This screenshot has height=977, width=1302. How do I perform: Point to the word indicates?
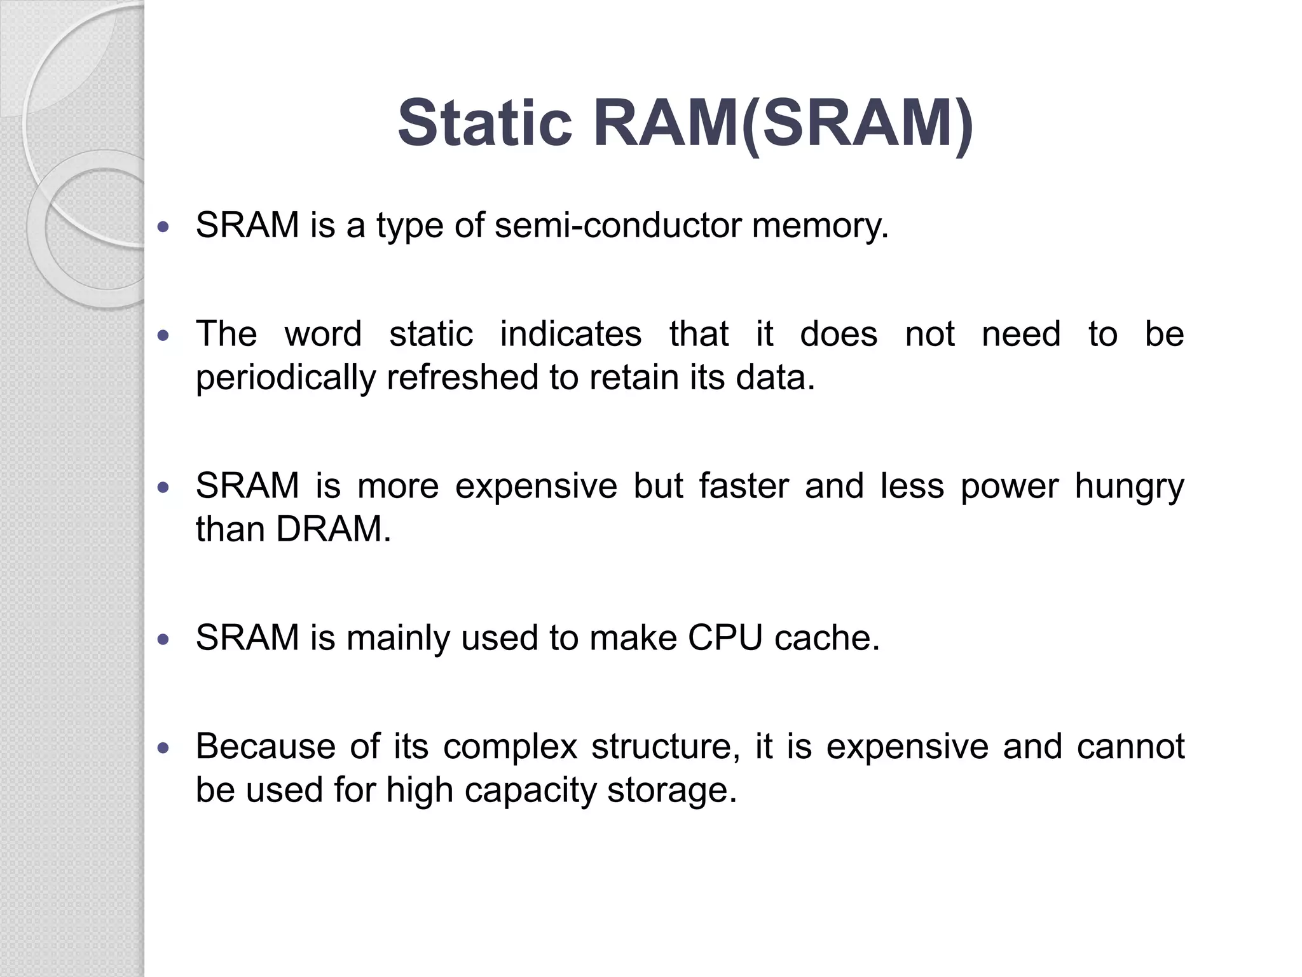570,334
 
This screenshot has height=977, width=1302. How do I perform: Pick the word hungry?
1129,487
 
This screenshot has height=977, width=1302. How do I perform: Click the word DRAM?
333,529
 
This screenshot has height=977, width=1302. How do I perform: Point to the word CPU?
724,637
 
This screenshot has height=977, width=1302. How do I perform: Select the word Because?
265,746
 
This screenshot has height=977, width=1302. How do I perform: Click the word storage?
671,791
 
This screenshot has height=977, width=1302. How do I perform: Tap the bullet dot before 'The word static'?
164,335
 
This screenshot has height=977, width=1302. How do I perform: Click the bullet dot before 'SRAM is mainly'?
164,639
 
